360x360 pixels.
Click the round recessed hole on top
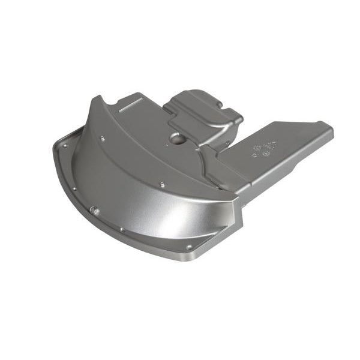[178, 137]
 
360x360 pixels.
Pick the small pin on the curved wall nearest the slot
[103, 139]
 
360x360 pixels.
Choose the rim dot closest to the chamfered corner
[189, 247]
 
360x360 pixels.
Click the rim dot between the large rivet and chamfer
[122, 229]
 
